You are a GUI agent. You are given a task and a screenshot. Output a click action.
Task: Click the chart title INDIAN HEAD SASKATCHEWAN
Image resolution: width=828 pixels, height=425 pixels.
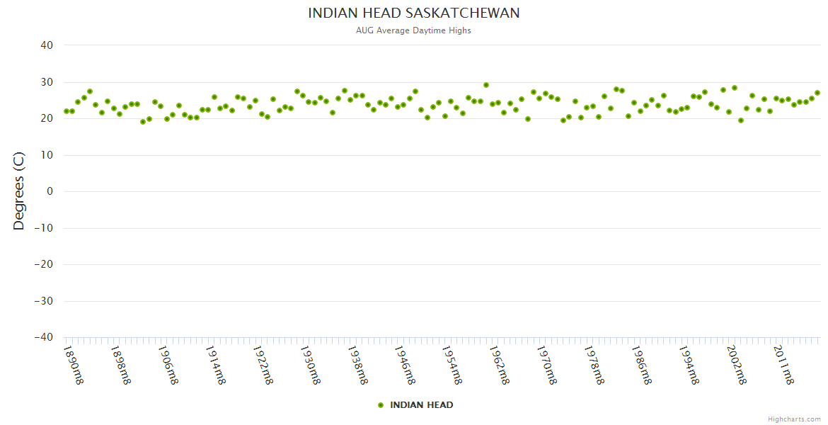click(414, 13)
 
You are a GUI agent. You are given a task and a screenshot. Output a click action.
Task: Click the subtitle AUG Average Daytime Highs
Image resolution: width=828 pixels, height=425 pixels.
click(414, 30)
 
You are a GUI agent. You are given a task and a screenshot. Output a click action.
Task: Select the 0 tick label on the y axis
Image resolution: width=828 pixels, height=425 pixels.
click(50, 191)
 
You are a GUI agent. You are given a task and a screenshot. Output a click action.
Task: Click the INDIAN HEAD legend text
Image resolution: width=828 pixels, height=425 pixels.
click(422, 405)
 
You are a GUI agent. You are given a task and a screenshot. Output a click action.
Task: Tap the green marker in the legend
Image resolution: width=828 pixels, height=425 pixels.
click(381, 405)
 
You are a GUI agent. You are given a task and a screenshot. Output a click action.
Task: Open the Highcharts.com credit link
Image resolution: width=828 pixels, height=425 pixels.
click(794, 419)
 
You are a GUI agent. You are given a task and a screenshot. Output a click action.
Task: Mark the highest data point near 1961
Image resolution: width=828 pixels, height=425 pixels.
click(486, 85)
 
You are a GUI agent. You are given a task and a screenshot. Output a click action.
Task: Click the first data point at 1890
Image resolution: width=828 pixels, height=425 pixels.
click(67, 111)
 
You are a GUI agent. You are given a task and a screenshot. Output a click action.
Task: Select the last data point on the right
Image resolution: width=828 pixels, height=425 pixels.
click(817, 93)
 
